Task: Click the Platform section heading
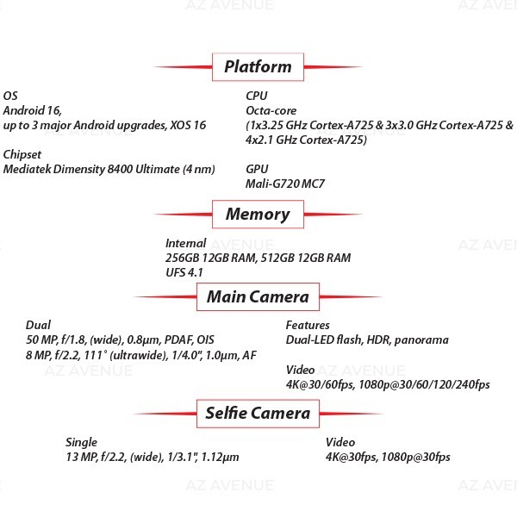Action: (x=258, y=66)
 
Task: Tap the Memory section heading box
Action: (x=258, y=214)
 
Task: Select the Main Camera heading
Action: (x=258, y=296)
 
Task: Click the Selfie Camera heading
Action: (x=258, y=414)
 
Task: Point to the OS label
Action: (x=10, y=96)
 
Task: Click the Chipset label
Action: (x=22, y=154)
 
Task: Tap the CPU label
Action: (x=257, y=96)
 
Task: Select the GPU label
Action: (x=257, y=169)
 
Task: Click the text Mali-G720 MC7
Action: (x=285, y=184)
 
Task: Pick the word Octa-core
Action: (x=271, y=110)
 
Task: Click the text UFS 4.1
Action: (x=184, y=272)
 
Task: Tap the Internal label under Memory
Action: (x=185, y=243)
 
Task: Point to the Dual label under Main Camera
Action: (x=38, y=325)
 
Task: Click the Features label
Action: (x=308, y=325)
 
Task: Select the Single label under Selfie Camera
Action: (x=82, y=443)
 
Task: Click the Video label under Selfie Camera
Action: (x=340, y=442)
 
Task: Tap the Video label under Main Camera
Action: (x=301, y=370)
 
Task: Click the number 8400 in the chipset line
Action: (x=120, y=169)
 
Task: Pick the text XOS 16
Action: (x=188, y=125)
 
